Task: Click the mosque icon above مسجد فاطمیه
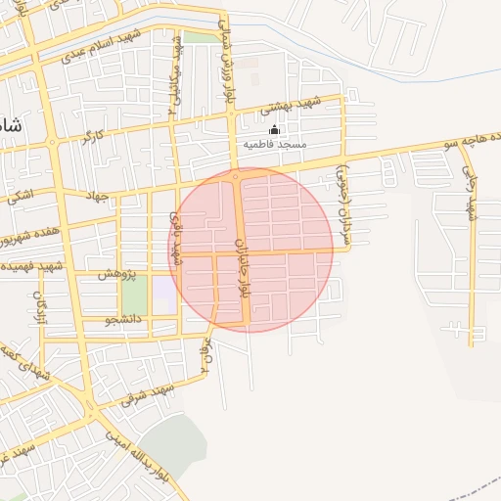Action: click(x=274, y=130)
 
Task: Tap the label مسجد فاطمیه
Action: click(x=275, y=144)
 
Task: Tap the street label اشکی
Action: click(x=20, y=196)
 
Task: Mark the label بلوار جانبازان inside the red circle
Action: click(x=242, y=266)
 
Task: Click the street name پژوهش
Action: click(x=115, y=275)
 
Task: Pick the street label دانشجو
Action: click(x=122, y=319)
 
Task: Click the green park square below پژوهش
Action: click(x=134, y=296)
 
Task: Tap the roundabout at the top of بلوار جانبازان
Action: click(x=236, y=176)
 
